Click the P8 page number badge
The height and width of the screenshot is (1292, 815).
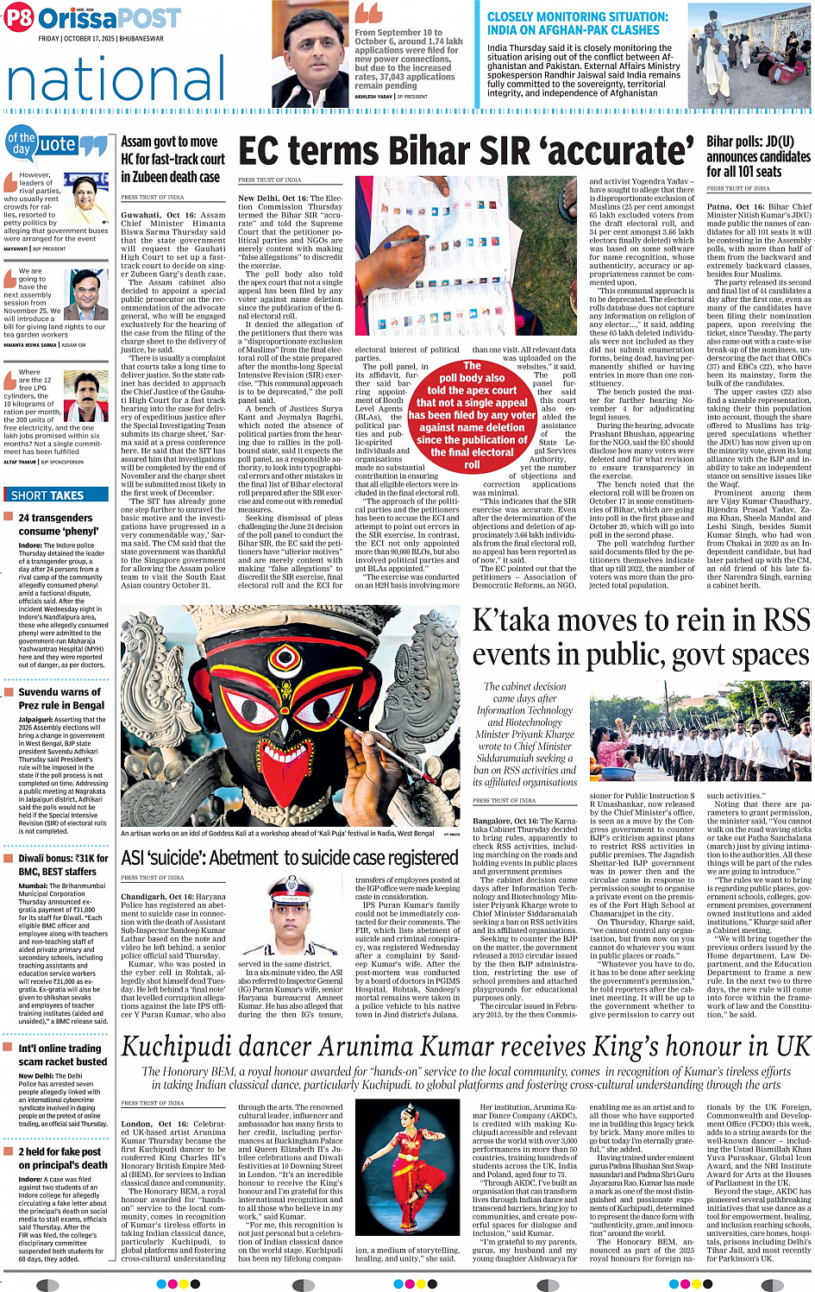(19, 17)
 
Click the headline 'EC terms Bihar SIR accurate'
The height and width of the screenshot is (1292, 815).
(466, 152)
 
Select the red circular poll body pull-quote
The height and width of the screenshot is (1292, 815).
(472, 415)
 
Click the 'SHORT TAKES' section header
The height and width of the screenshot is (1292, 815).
(47, 495)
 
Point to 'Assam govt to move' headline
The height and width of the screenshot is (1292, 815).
(169, 142)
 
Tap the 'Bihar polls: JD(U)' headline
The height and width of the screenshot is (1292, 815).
(749, 142)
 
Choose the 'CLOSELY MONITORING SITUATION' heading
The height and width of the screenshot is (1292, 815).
(577, 23)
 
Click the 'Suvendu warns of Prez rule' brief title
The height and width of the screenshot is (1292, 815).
(60, 698)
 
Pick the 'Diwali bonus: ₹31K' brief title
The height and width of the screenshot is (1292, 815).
(63, 865)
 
